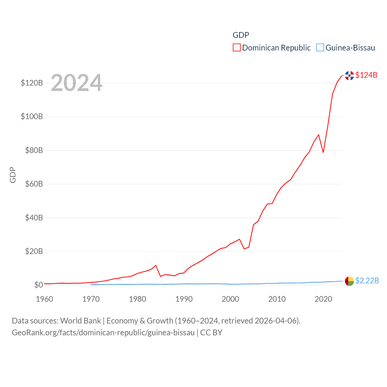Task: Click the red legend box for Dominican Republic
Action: [236, 48]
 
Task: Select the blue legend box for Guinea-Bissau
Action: [320, 48]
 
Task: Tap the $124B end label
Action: [366, 75]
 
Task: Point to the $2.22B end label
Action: [367, 281]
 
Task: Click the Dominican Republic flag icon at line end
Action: [349, 76]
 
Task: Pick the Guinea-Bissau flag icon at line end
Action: [349, 281]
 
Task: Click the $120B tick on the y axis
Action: [32, 83]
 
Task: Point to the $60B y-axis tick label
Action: [32, 184]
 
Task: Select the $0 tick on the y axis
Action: [38, 285]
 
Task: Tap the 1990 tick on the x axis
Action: [184, 299]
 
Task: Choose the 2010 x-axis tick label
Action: [277, 299]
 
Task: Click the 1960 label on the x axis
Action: [44, 299]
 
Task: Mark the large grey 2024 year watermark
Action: [76, 83]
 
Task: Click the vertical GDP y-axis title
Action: [13, 175]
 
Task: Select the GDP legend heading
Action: [241, 35]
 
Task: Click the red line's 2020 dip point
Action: [323, 152]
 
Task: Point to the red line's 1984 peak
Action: [156, 265]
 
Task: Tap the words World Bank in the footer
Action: [80, 321]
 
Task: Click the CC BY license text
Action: [211, 333]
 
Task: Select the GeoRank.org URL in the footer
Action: [103, 333]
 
